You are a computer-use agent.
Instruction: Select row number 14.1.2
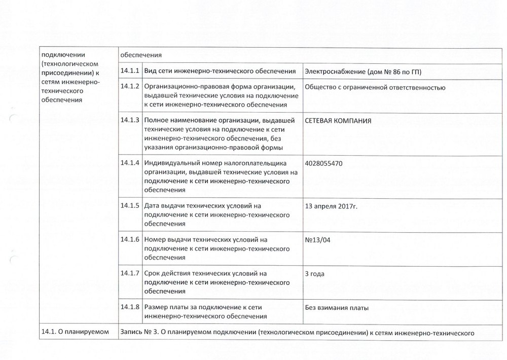[x=130, y=87]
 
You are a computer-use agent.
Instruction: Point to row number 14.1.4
[x=130, y=163]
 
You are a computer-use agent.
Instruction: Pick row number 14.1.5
[x=130, y=206]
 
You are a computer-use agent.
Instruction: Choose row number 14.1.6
[x=130, y=239]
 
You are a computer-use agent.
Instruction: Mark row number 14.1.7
[x=130, y=273]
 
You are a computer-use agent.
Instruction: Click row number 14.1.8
[x=130, y=307]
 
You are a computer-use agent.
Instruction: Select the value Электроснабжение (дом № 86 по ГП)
[x=363, y=71]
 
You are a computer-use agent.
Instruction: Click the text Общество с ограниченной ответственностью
[x=375, y=88]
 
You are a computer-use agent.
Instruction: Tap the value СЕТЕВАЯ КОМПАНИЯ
[x=338, y=121]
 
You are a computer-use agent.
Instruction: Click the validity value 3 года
[x=315, y=274]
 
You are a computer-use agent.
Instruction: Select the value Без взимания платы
[x=337, y=307]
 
